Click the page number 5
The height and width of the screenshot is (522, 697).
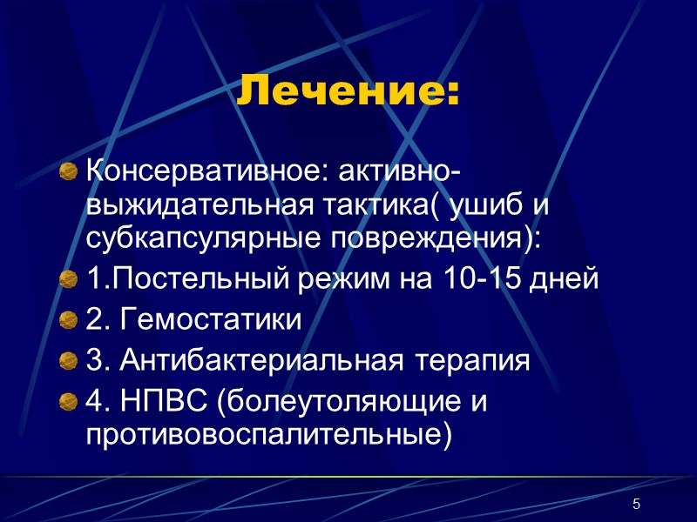636,505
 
